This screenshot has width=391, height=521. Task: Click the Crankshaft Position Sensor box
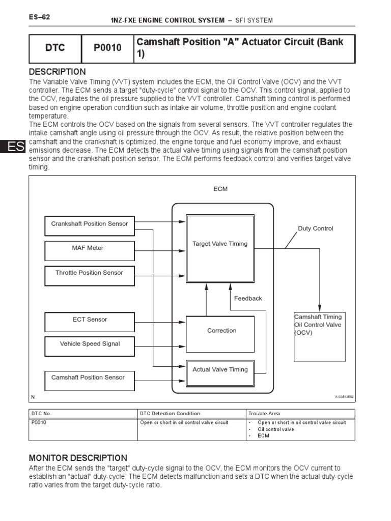(x=90, y=224)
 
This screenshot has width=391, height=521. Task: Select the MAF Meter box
(x=90, y=248)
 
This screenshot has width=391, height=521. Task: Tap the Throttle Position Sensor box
(x=90, y=273)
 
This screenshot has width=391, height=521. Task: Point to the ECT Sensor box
(x=90, y=320)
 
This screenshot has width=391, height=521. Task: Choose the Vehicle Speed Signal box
(x=90, y=344)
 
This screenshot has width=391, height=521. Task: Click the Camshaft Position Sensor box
(x=88, y=378)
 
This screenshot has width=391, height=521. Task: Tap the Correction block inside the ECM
(x=220, y=331)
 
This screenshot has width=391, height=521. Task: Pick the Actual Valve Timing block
(x=220, y=370)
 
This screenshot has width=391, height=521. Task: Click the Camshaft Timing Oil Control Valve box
(x=319, y=337)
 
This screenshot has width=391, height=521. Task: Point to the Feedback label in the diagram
(x=248, y=299)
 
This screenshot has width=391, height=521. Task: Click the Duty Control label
(x=316, y=229)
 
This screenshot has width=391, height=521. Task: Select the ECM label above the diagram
(x=220, y=189)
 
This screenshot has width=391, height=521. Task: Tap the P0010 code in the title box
(x=107, y=48)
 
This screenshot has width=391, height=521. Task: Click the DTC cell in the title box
(x=55, y=48)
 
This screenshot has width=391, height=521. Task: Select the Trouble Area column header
(x=264, y=414)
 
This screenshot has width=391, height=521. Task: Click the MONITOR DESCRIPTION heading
(x=78, y=458)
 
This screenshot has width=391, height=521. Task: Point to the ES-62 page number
(x=39, y=17)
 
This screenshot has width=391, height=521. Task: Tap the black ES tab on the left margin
(x=11, y=147)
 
